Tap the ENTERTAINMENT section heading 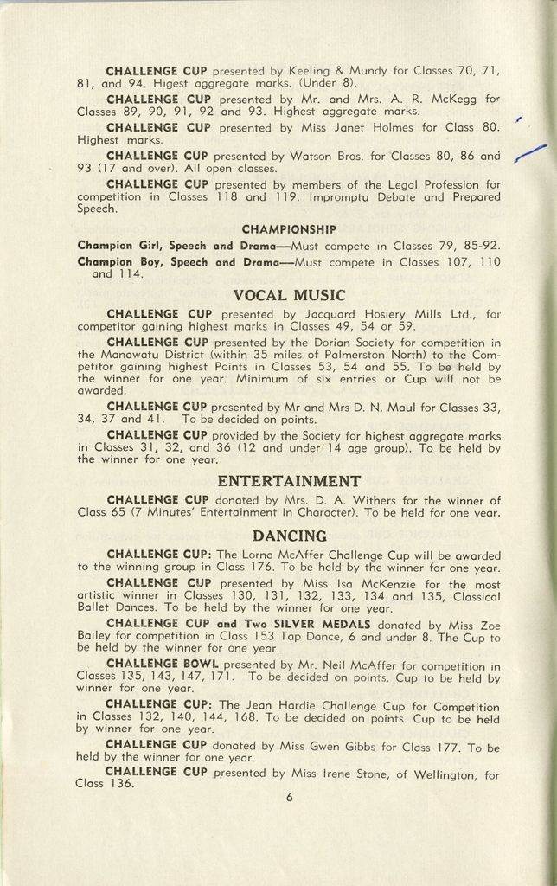[x=288, y=481]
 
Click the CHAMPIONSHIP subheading [x=288, y=229]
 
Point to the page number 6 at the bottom [x=289, y=798]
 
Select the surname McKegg [x=452, y=99]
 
